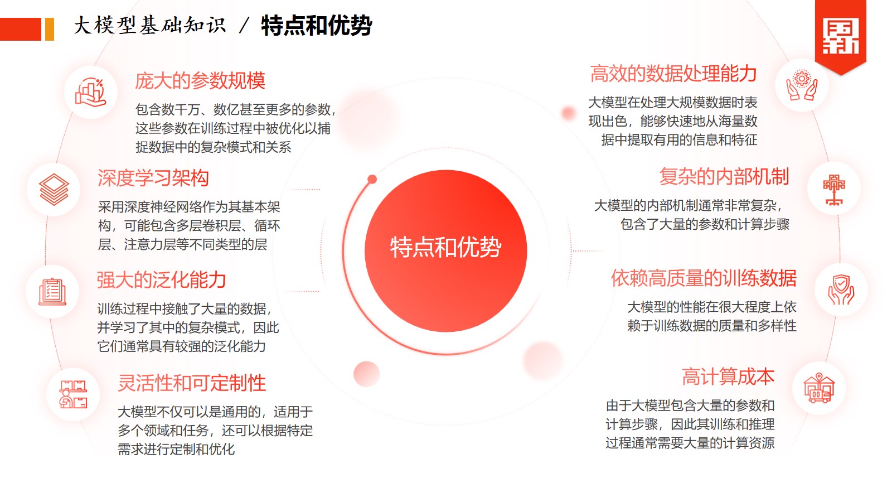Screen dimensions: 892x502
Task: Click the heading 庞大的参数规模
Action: [x=200, y=81]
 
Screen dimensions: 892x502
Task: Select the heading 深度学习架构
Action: [x=153, y=178]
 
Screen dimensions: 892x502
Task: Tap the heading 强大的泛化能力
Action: [x=162, y=279]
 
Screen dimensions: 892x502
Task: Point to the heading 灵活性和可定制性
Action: [x=192, y=383]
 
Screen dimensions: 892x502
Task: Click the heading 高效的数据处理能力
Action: [x=673, y=74]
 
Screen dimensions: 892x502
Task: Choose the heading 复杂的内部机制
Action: [x=724, y=176]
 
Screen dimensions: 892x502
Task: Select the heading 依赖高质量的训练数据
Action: [x=704, y=278]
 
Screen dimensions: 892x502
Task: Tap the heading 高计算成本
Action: [x=728, y=377]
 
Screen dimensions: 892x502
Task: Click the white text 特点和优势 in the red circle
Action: [x=445, y=248]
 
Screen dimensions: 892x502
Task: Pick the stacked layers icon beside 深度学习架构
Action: [x=54, y=190]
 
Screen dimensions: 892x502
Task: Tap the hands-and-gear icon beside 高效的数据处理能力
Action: [x=802, y=85]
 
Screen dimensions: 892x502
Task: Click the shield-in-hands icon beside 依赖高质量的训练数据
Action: [x=841, y=289]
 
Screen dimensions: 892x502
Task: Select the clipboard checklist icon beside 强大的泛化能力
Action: [x=52, y=292]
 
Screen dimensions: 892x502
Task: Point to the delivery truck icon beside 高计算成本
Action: [x=819, y=388]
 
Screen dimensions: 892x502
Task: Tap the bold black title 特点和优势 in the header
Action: [x=317, y=26]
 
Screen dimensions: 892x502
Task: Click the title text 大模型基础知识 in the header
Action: [x=150, y=26]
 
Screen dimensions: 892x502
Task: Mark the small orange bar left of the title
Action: [x=50, y=29]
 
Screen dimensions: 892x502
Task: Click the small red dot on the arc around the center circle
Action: [x=372, y=179]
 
